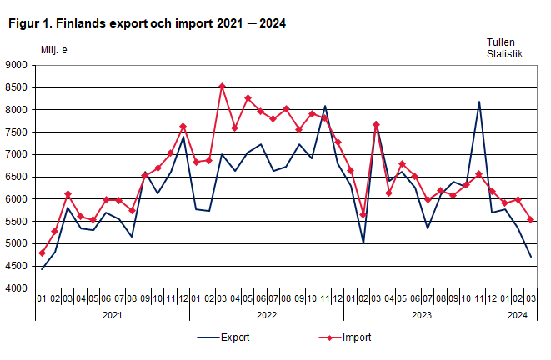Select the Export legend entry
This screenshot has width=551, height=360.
click(223, 337)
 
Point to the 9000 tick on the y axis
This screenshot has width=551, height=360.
click(17, 65)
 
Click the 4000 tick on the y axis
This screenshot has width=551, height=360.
click(17, 288)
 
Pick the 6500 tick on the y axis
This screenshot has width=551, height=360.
click(17, 177)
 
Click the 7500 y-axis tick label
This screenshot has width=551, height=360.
click(17, 132)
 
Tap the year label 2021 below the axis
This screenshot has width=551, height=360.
click(112, 315)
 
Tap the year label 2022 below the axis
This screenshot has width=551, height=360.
click(267, 315)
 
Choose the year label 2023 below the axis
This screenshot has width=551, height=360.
click(421, 315)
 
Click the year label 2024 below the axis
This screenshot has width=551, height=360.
click(518, 315)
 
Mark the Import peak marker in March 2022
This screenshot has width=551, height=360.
click(222, 86)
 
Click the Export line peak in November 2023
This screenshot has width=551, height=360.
click(478, 102)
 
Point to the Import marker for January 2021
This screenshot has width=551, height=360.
click(42, 252)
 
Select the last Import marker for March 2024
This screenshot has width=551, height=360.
click(530, 220)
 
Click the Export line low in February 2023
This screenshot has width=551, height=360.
click(363, 243)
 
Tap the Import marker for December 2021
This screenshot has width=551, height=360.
click(183, 127)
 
